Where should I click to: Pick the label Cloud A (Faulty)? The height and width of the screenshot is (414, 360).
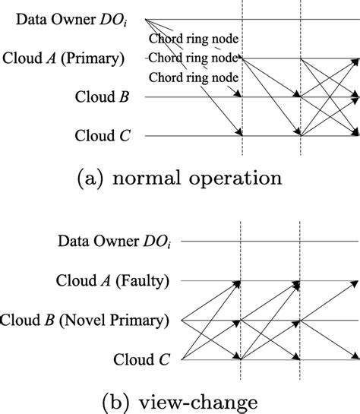112,281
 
